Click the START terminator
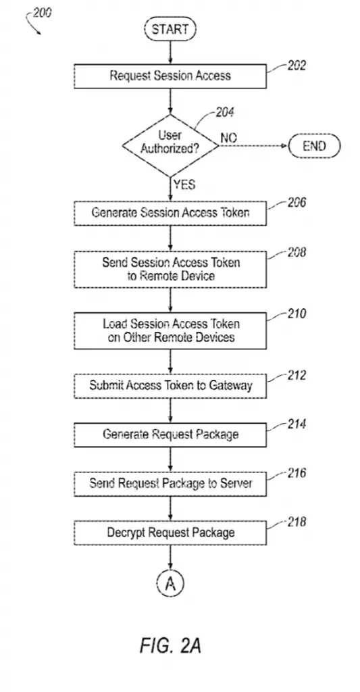170,30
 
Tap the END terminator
315,146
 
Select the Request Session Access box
170,76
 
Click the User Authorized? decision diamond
170,145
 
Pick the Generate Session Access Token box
170,213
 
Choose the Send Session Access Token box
170,269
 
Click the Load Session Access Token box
170,331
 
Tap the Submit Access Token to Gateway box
170,386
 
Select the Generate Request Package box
170,435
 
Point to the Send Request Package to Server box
170,484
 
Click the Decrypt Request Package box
170,533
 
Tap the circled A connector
170,584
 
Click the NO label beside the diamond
228,138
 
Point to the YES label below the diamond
184,184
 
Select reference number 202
296,66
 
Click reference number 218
296,522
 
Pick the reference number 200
42,12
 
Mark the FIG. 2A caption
170,645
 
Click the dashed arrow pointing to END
254,146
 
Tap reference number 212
296,375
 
